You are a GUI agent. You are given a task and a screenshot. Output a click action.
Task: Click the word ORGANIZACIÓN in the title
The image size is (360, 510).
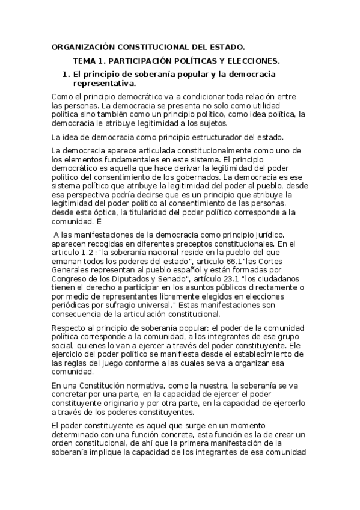pos(82,46)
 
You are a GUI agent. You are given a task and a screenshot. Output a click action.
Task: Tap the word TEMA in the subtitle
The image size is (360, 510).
pos(84,61)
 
